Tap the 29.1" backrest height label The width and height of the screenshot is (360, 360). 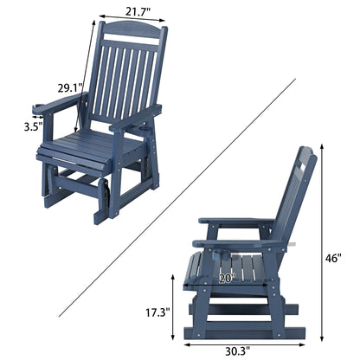(71, 88)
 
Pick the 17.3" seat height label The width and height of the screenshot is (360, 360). (157, 311)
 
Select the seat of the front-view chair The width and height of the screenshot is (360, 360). (91, 149)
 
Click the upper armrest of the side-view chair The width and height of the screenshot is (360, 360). (234, 222)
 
